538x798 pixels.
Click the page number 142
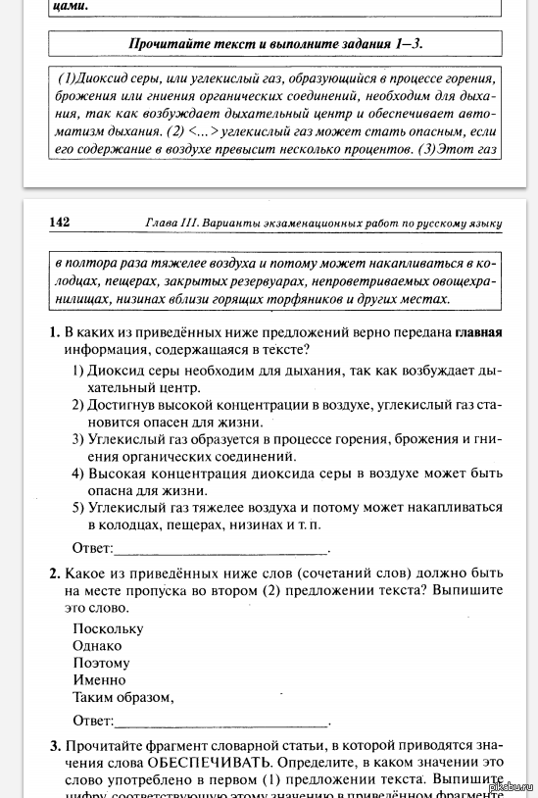click(x=59, y=223)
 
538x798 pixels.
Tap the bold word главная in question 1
click(x=478, y=332)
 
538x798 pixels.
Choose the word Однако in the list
click(x=97, y=645)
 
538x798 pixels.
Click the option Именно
click(x=99, y=679)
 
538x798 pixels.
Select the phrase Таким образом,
click(x=122, y=697)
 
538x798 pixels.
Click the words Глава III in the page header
click(x=177, y=224)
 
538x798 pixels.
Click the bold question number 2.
click(x=55, y=574)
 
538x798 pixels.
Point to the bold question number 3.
click(x=55, y=744)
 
